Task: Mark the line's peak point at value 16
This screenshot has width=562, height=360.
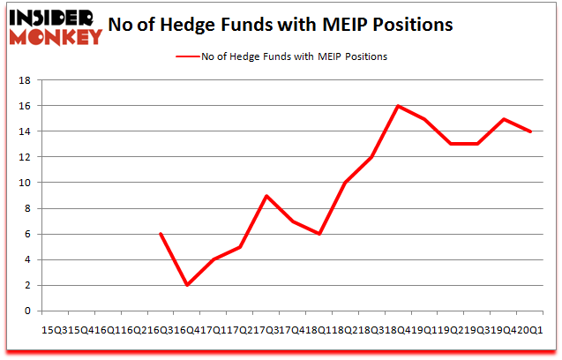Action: (398, 106)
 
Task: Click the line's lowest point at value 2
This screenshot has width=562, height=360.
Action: (186, 285)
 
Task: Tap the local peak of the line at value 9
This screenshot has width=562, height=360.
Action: (266, 195)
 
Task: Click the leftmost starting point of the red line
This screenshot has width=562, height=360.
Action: (160, 234)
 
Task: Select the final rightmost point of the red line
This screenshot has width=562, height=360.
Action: (530, 131)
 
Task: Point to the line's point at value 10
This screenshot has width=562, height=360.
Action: (345, 183)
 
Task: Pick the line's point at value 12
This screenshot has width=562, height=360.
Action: (371, 157)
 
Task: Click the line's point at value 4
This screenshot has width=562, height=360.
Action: (213, 259)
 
